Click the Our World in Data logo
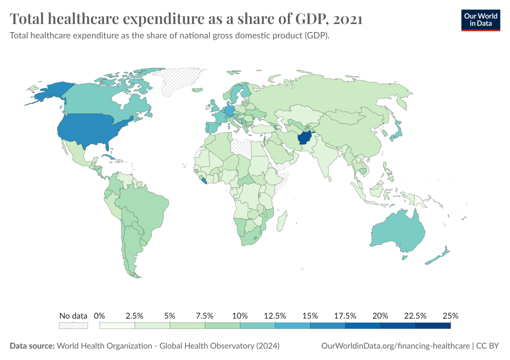(481, 20)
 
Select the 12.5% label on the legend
(275, 316)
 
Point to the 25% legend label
(450, 316)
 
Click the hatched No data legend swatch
(73, 325)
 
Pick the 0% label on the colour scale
(100, 316)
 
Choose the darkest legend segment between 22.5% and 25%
(433, 325)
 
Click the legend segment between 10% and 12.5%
(258, 325)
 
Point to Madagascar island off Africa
(282, 221)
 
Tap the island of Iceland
(198, 90)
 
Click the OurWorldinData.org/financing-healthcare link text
(395, 346)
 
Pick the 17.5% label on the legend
(345, 316)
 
